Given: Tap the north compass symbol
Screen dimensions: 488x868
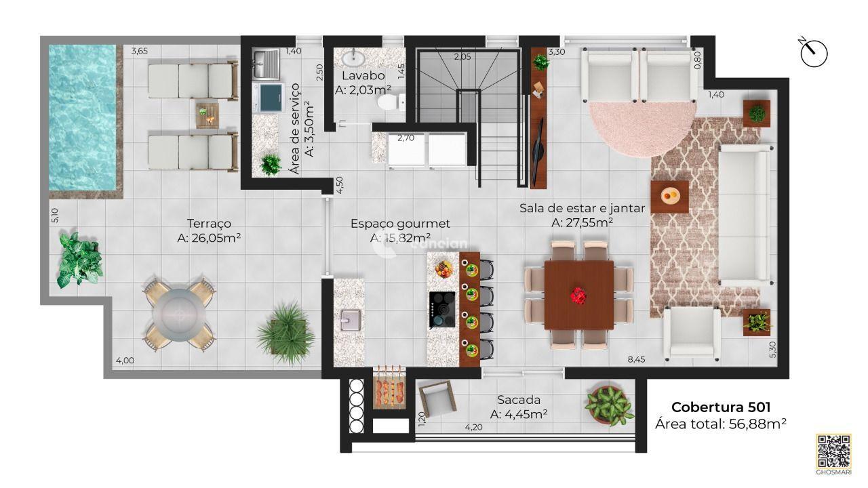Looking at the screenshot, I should click(814, 54).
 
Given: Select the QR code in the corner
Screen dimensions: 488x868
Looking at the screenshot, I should click(833, 450).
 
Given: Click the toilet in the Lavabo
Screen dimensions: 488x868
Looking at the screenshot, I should click(388, 102).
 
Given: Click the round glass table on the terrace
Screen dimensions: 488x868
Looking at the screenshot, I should click(180, 312).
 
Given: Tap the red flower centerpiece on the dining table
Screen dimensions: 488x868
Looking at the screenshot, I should click(578, 295).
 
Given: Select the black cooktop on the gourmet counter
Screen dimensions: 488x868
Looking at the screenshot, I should click(442, 310).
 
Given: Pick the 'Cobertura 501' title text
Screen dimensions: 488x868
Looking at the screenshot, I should click(720, 407).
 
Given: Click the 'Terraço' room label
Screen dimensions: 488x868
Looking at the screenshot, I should click(210, 223).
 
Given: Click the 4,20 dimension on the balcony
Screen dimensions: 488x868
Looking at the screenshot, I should click(473, 428).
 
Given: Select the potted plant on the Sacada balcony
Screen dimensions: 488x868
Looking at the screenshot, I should click(609, 405).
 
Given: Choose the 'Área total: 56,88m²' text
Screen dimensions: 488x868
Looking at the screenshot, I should click(720, 424).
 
